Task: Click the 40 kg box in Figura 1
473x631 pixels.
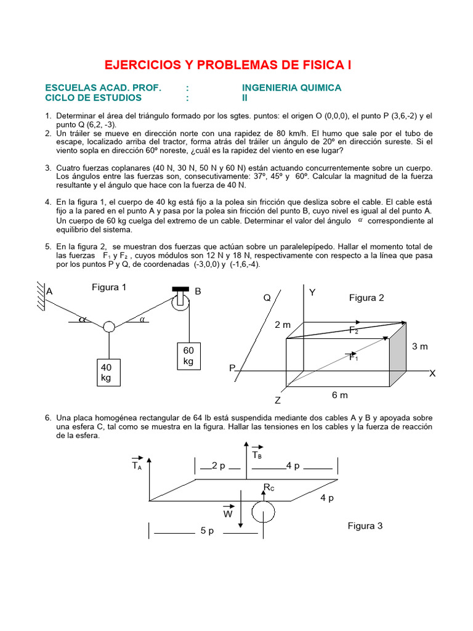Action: coord(106,373)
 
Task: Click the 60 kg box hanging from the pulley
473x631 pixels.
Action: coord(188,356)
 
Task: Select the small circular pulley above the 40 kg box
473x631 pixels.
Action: coord(108,327)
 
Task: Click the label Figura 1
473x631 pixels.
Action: coord(109,287)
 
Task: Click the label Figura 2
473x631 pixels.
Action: coord(366,298)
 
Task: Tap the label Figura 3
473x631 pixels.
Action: coord(365,526)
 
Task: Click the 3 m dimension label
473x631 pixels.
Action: coord(419,346)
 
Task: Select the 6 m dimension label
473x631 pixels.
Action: coord(340,395)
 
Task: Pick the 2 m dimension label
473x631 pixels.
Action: coord(283,325)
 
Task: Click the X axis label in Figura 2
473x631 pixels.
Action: coord(432,373)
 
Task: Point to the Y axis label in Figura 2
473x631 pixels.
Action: coord(312,292)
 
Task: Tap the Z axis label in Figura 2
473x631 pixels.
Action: coord(278,400)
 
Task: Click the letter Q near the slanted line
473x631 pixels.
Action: coord(267,298)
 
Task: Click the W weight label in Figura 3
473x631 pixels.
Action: coord(228,513)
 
